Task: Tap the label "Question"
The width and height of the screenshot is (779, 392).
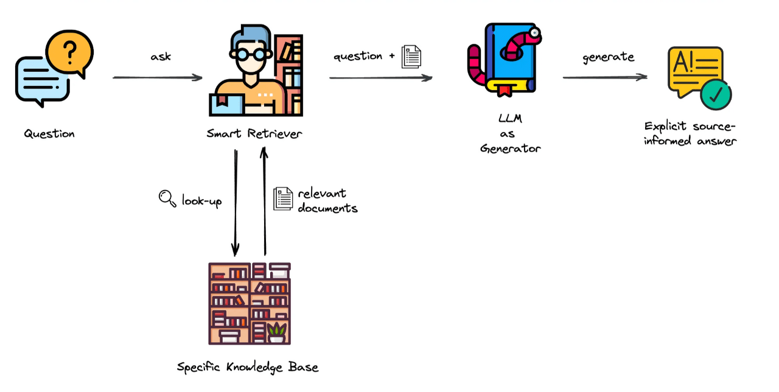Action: [x=49, y=133]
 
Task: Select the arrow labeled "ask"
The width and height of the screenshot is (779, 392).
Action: [x=157, y=77]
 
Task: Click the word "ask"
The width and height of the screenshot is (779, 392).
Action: [x=161, y=57]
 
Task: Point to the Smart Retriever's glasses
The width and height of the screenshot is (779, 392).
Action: [x=251, y=54]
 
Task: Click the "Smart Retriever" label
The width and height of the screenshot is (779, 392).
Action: [x=254, y=133]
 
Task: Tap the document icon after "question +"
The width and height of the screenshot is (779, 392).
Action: [x=411, y=56]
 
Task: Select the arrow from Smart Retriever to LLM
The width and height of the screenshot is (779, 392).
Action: [x=380, y=77]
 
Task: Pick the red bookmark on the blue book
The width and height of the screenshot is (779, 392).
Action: [x=503, y=91]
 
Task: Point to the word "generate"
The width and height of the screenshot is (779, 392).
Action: [x=608, y=57]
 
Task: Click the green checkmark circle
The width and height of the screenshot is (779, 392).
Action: [x=715, y=94]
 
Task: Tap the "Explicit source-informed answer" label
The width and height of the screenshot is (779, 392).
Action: [x=690, y=133]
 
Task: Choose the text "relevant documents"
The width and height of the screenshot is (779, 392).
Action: [x=327, y=200]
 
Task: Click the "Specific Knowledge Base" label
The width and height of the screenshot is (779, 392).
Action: [x=248, y=367]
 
